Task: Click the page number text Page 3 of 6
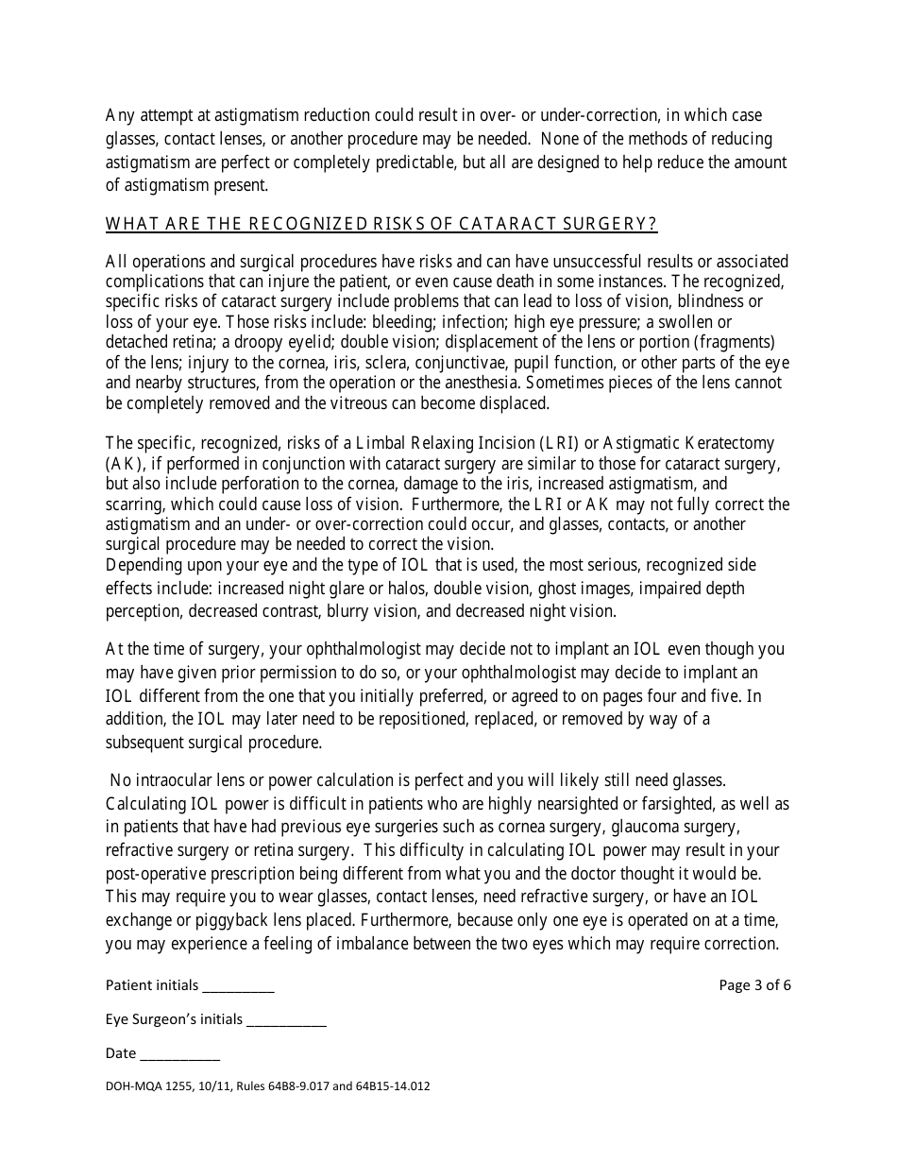tap(754, 984)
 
